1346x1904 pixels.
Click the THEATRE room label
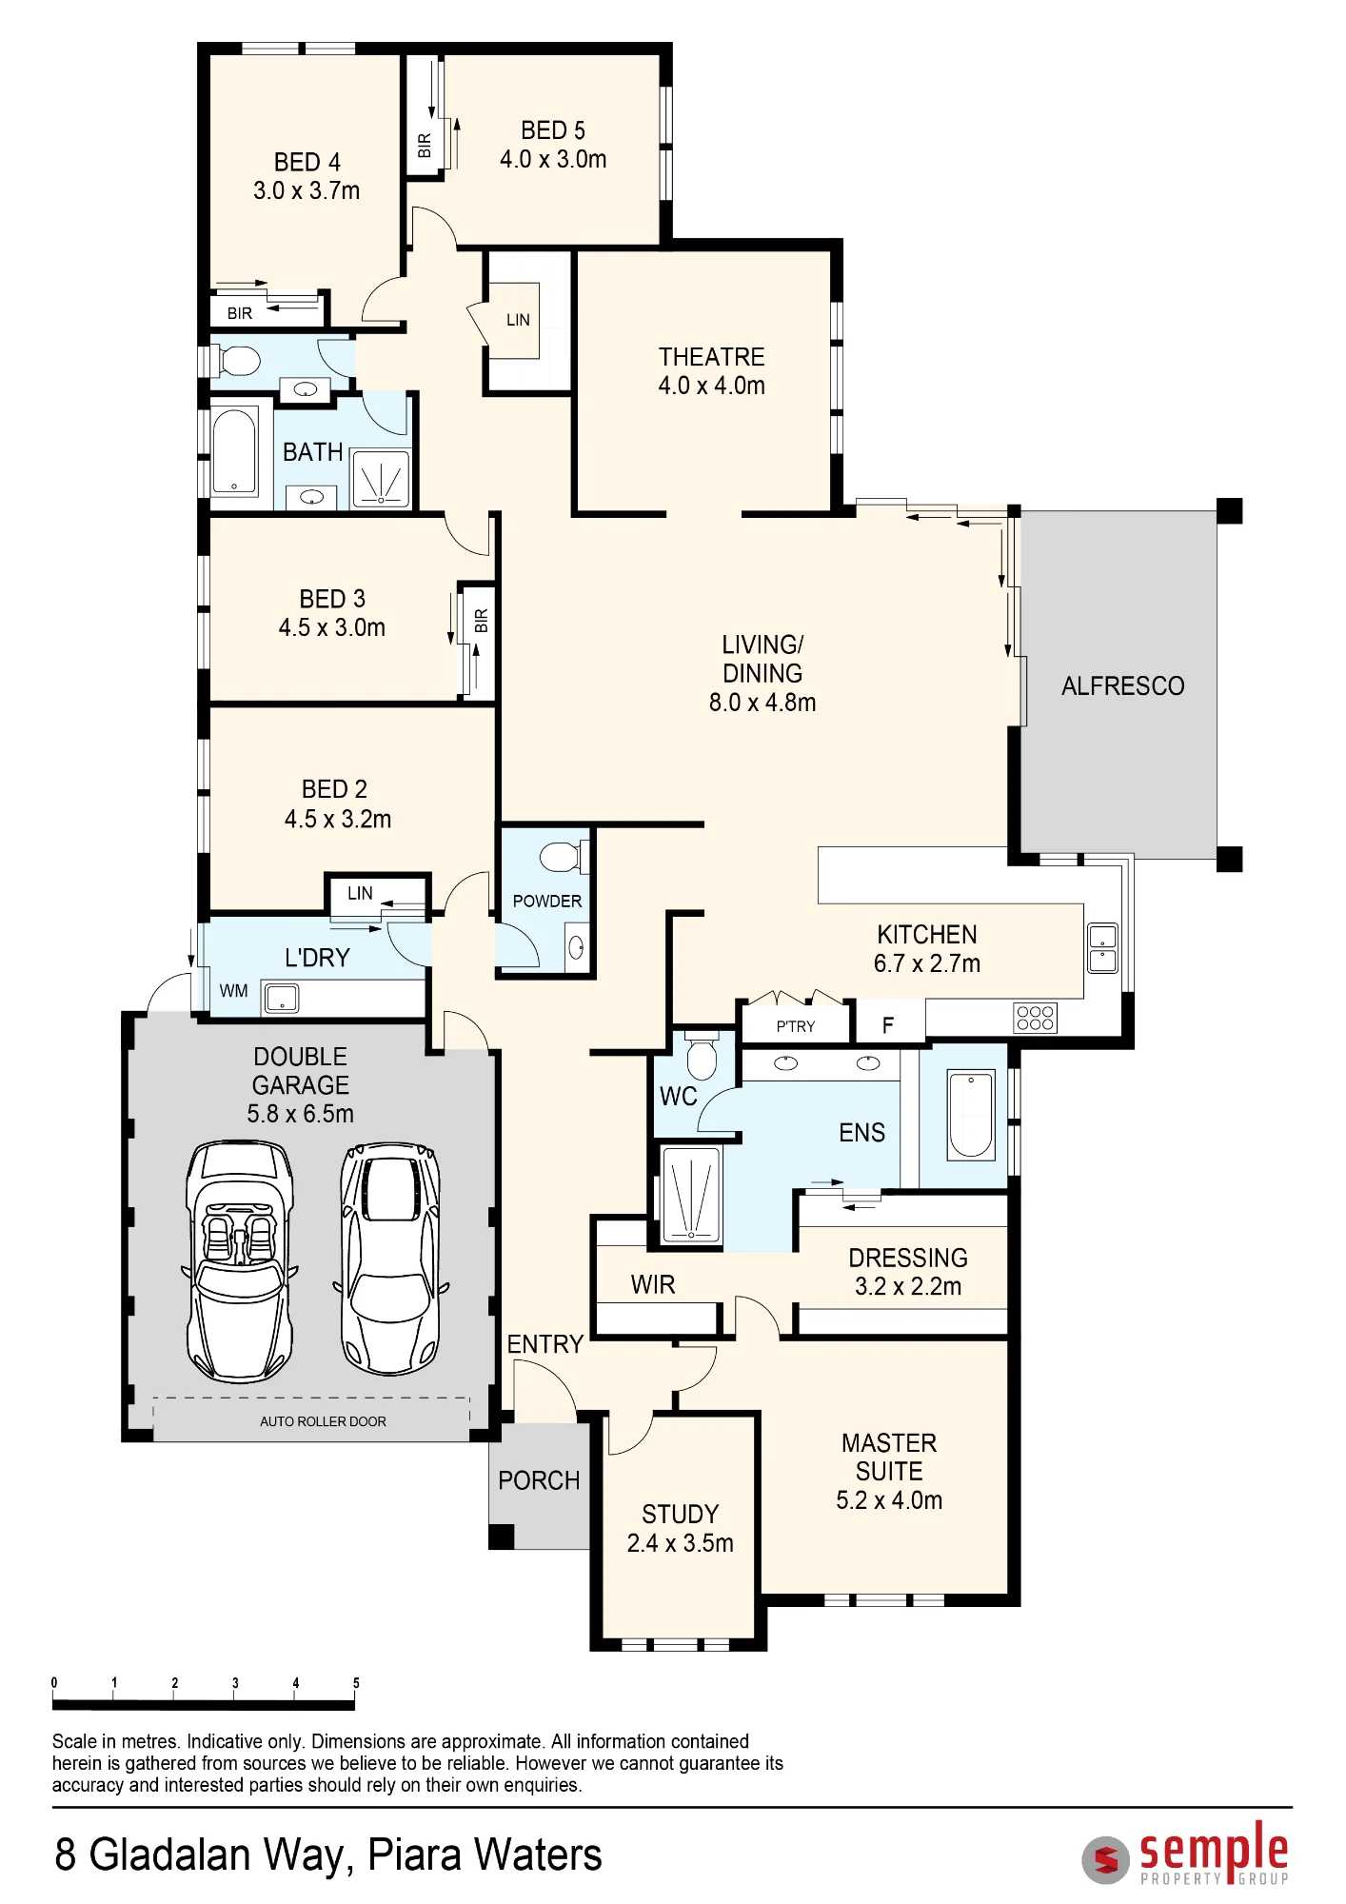pos(712,357)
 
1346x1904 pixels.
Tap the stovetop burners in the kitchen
pos(1035,1018)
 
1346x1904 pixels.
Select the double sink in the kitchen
pos(1102,948)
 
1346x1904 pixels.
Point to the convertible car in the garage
pos(239,1261)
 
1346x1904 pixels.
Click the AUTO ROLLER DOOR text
pos(323,1421)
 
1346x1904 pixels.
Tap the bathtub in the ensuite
pos(970,1114)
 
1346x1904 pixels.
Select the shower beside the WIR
pos(691,1194)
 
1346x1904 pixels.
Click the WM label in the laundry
pos(233,991)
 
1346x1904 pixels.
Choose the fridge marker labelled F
pos(888,1025)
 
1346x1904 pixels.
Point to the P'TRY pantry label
pos(796,1026)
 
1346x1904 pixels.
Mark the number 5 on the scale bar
pos(356,1683)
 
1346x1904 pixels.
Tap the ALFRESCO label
pos(1123,686)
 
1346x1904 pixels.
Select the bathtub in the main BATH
pos(234,451)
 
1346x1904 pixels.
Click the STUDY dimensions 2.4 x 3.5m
pos(680,1543)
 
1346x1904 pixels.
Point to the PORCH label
pos(539,1480)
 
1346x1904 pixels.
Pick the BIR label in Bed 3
pos(482,621)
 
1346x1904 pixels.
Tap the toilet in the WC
pos(703,1055)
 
